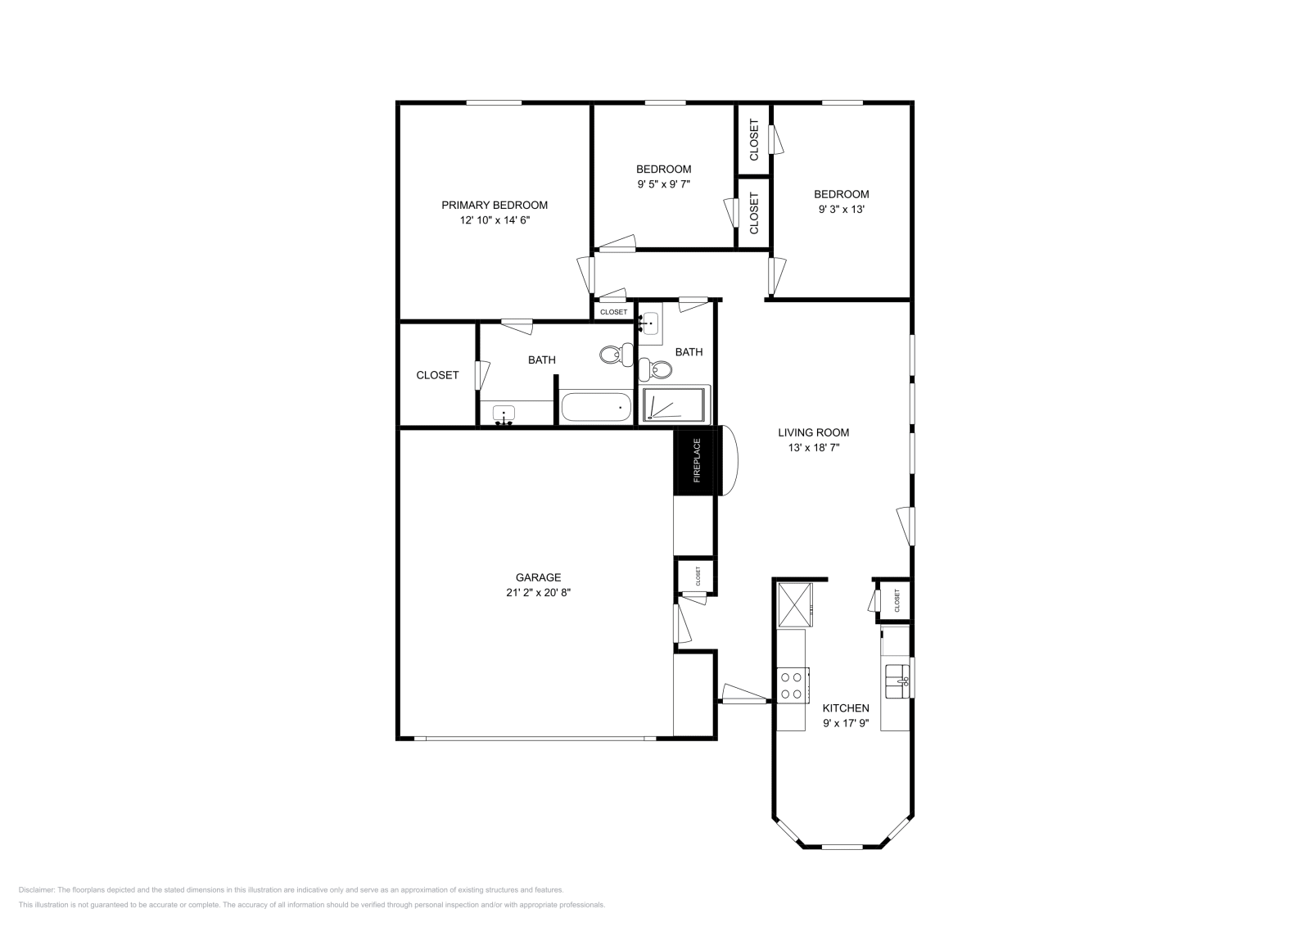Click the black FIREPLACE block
pyautogui.click(x=696, y=460)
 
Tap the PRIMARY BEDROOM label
pyautogui.click(x=495, y=206)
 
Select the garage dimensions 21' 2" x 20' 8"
pyautogui.click(x=538, y=592)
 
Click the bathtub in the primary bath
pyautogui.click(x=595, y=407)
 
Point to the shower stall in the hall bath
pyautogui.click(x=674, y=405)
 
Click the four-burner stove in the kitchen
pyautogui.click(x=792, y=685)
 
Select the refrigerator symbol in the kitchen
pyautogui.click(x=793, y=604)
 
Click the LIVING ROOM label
pyautogui.click(x=813, y=432)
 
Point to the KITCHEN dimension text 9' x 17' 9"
pyautogui.click(x=846, y=724)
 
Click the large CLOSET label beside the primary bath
pyautogui.click(x=437, y=375)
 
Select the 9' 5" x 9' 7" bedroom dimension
pyautogui.click(x=663, y=184)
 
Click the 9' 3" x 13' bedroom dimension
pyautogui.click(x=841, y=209)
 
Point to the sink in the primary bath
pyautogui.click(x=504, y=415)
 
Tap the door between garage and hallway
pyautogui.click(x=681, y=624)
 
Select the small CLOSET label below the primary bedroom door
pyautogui.click(x=613, y=312)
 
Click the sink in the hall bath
pyautogui.click(x=650, y=321)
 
